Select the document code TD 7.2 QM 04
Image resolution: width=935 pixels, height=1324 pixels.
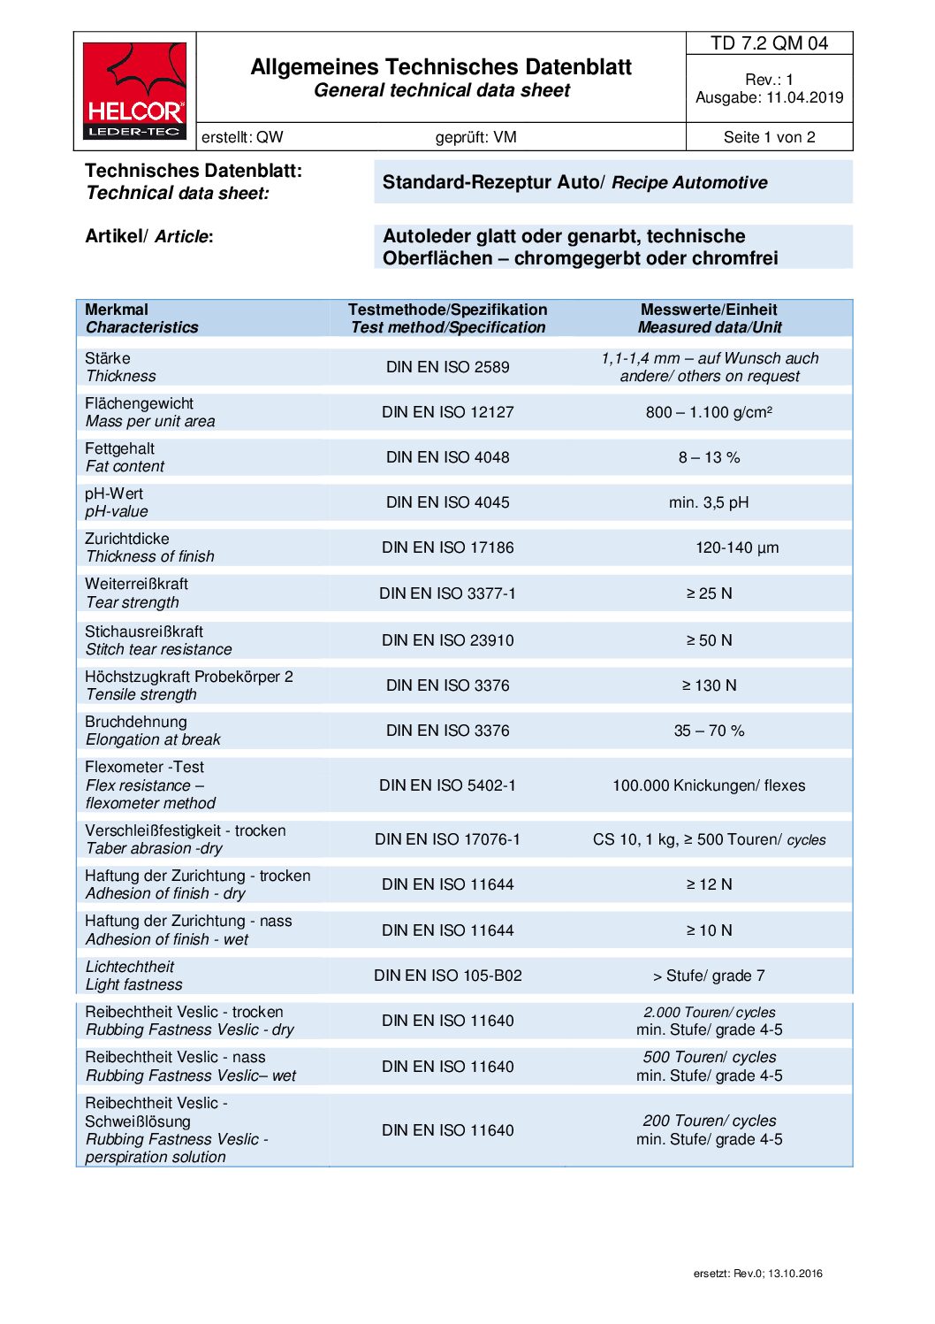[769, 43]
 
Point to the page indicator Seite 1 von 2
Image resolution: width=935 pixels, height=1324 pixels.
[769, 137]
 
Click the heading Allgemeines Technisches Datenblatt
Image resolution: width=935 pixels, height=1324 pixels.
[441, 67]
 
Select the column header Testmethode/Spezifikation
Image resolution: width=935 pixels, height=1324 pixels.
[447, 310]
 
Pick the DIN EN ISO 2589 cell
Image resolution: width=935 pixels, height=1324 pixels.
[447, 367]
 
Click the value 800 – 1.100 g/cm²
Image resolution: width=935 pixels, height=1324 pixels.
[709, 412]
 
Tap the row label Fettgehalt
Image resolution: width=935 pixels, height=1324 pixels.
[119, 448]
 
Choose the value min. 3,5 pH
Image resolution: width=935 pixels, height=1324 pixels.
[709, 502]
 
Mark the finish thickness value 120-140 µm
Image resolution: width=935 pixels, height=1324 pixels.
[737, 547]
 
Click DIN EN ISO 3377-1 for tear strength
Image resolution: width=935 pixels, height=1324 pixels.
[447, 593]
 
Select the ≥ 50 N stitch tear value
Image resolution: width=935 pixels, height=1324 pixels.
[709, 640]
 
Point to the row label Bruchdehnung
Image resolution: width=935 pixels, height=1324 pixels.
[135, 722]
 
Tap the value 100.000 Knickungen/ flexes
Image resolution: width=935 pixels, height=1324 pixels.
[709, 785]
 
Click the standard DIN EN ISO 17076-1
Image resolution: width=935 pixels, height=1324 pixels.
[447, 839]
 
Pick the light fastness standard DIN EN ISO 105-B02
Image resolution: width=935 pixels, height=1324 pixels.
[447, 976]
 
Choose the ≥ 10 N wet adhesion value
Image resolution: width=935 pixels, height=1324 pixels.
[709, 930]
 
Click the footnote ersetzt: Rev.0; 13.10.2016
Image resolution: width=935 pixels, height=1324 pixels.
[757, 1274]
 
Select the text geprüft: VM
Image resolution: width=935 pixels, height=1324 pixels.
[475, 137]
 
